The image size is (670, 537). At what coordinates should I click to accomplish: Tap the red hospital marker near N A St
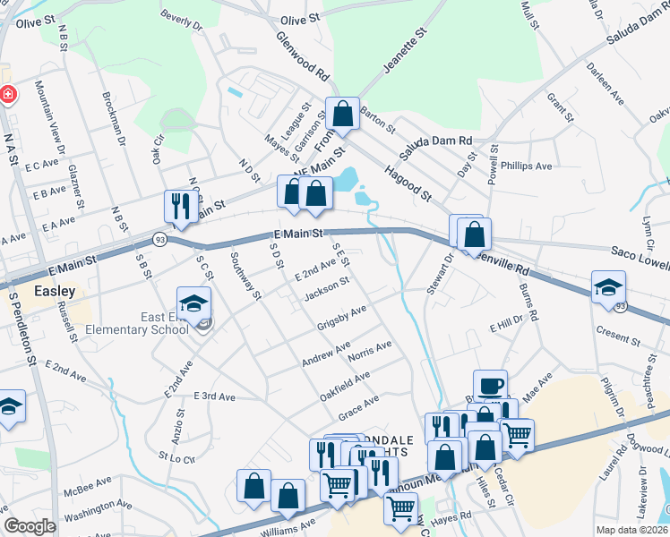(x=6, y=94)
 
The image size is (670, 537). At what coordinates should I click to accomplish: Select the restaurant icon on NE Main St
(x=181, y=205)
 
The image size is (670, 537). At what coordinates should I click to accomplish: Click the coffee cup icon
(x=490, y=385)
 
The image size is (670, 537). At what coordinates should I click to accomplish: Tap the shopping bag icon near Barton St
(x=342, y=113)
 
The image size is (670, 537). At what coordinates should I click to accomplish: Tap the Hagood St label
(x=408, y=183)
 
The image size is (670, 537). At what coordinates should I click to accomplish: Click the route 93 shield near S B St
(x=159, y=239)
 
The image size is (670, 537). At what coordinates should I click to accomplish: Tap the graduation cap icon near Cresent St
(x=608, y=286)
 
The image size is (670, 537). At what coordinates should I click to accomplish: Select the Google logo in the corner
(x=30, y=526)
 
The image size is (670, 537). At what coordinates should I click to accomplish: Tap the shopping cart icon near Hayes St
(x=400, y=507)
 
